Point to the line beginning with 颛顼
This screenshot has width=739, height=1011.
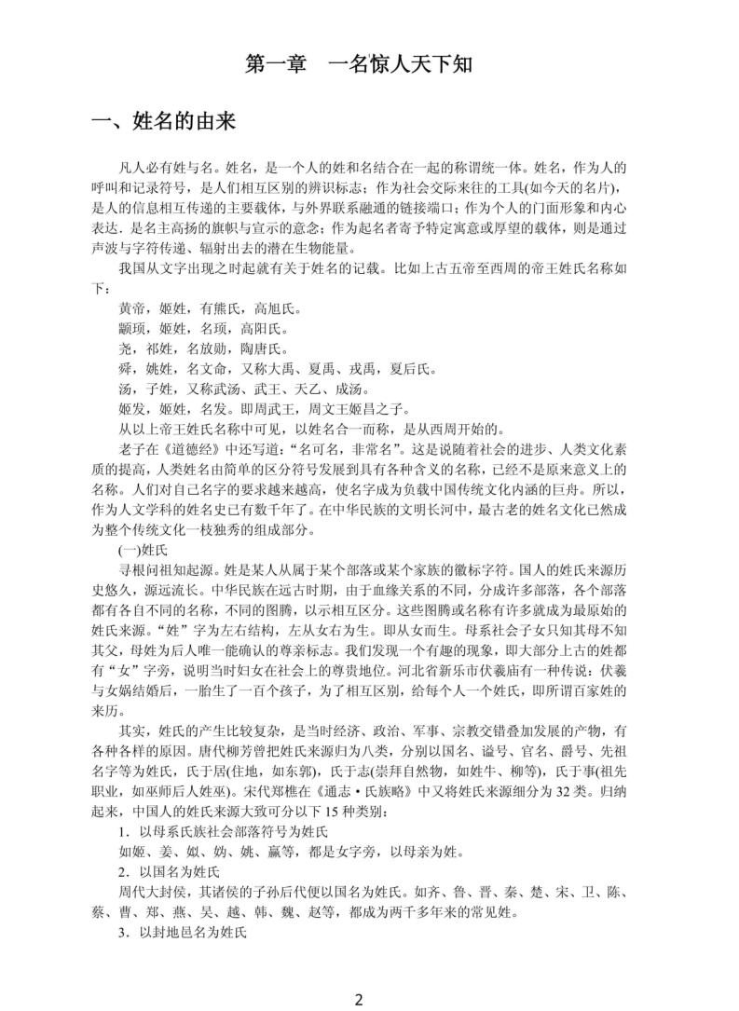coord(196,328)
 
